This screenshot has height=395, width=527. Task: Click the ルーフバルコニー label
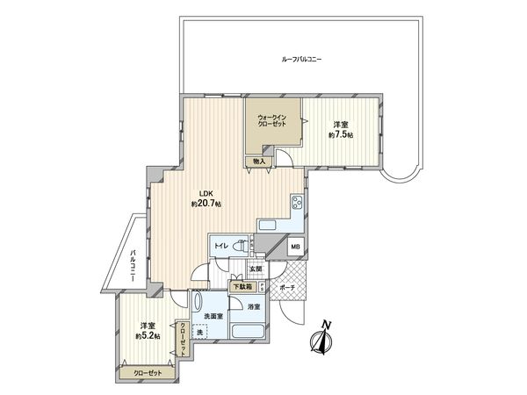(x=302, y=59)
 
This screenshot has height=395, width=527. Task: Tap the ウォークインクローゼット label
(x=271, y=121)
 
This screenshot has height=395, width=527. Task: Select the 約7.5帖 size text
(x=341, y=135)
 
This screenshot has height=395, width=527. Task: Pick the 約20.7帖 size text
(x=206, y=205)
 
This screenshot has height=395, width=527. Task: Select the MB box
(x=295, y=248)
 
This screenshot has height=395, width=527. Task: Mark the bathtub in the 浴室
(x=246, y=333)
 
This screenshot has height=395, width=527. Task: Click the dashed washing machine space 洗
(x=201, y=333)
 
